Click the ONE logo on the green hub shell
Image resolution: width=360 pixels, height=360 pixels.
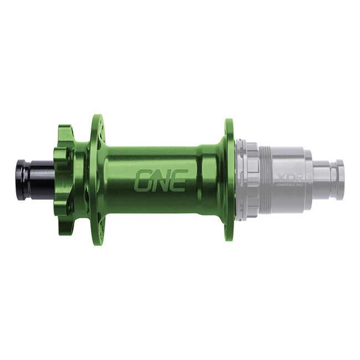pyautogui.click(x=161, y=180)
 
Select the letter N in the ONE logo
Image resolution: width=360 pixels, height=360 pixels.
pyautogui.click(x=161, y=180)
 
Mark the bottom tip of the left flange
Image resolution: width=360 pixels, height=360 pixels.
pyautogui.click(x=97, y=241)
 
